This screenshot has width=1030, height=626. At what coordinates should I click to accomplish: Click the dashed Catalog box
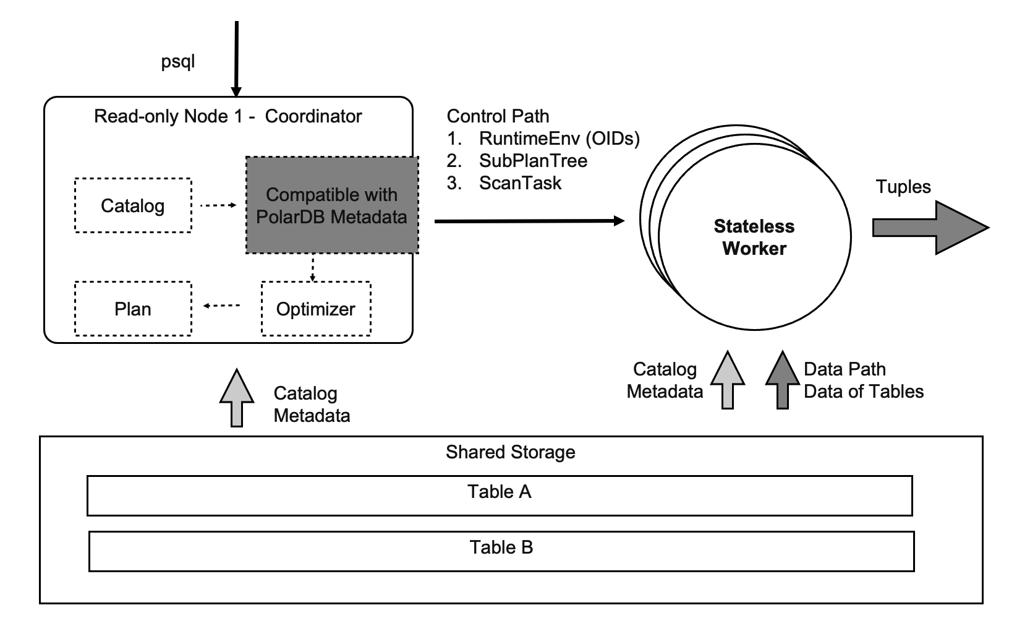tap(133, 205)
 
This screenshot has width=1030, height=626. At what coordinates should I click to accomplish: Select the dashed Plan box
tap(133, 309)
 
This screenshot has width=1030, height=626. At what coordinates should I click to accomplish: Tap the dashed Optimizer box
tap(316, 309)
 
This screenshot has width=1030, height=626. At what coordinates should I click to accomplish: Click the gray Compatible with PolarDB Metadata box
tap(332, 205)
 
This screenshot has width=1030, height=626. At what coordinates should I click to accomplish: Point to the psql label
tap(178, 62)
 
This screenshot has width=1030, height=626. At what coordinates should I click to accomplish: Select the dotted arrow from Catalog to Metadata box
tap(218, 205)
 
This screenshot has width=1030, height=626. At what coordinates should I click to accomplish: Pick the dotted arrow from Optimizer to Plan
tap(222, 306)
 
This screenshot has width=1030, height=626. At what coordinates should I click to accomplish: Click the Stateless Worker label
tap(754, 237)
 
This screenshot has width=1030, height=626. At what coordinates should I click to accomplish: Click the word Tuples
tap(903, 187)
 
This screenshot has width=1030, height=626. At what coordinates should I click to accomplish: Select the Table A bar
tap(500, 495)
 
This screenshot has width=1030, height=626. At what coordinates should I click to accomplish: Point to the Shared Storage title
tap(511, 452)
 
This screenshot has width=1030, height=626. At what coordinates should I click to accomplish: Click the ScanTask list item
tap(520, 183)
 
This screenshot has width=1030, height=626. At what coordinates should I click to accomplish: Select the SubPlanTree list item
tap(533, 161)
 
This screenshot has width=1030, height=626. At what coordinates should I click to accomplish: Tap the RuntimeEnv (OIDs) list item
tap(559, 139)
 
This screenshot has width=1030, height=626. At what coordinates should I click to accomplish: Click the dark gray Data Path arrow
tap(783, 380)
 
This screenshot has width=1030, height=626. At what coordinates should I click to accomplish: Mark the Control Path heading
tap(498, 116)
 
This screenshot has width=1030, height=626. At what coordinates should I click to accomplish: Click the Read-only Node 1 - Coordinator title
tap(228, 116)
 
